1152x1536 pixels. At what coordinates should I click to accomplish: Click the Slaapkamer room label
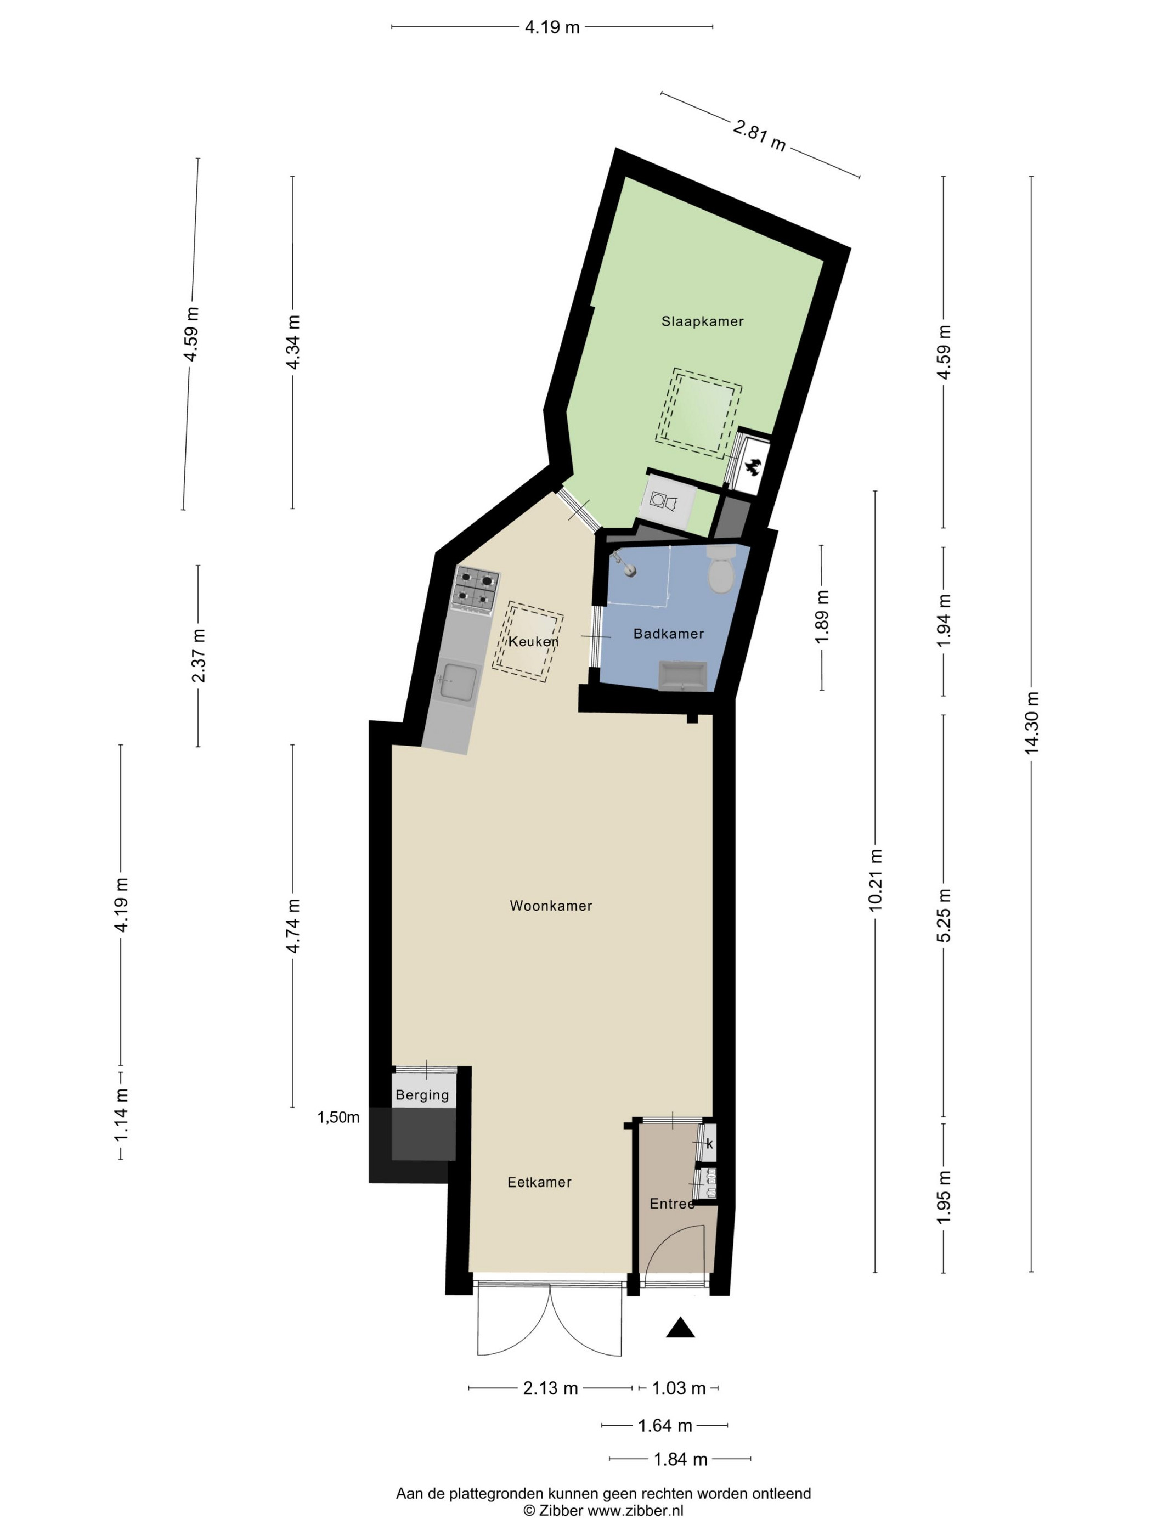(702, 321)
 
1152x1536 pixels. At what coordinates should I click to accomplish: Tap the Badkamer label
(668, 633)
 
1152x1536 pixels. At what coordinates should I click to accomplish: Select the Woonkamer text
(551, 906)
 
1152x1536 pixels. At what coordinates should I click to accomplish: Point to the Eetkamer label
(539, 1182)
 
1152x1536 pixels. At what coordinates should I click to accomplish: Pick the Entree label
(671, 1204)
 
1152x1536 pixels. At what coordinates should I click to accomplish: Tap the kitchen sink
(458, 684)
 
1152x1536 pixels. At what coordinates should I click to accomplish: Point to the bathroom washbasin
(682, 676)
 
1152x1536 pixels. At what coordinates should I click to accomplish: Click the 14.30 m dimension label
(1031, 722)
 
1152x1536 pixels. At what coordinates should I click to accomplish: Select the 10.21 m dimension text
(875, 880)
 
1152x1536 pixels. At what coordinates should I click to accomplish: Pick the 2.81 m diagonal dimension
(759, 135)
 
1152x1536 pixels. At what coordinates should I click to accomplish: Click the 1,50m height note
(338, 1117)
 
